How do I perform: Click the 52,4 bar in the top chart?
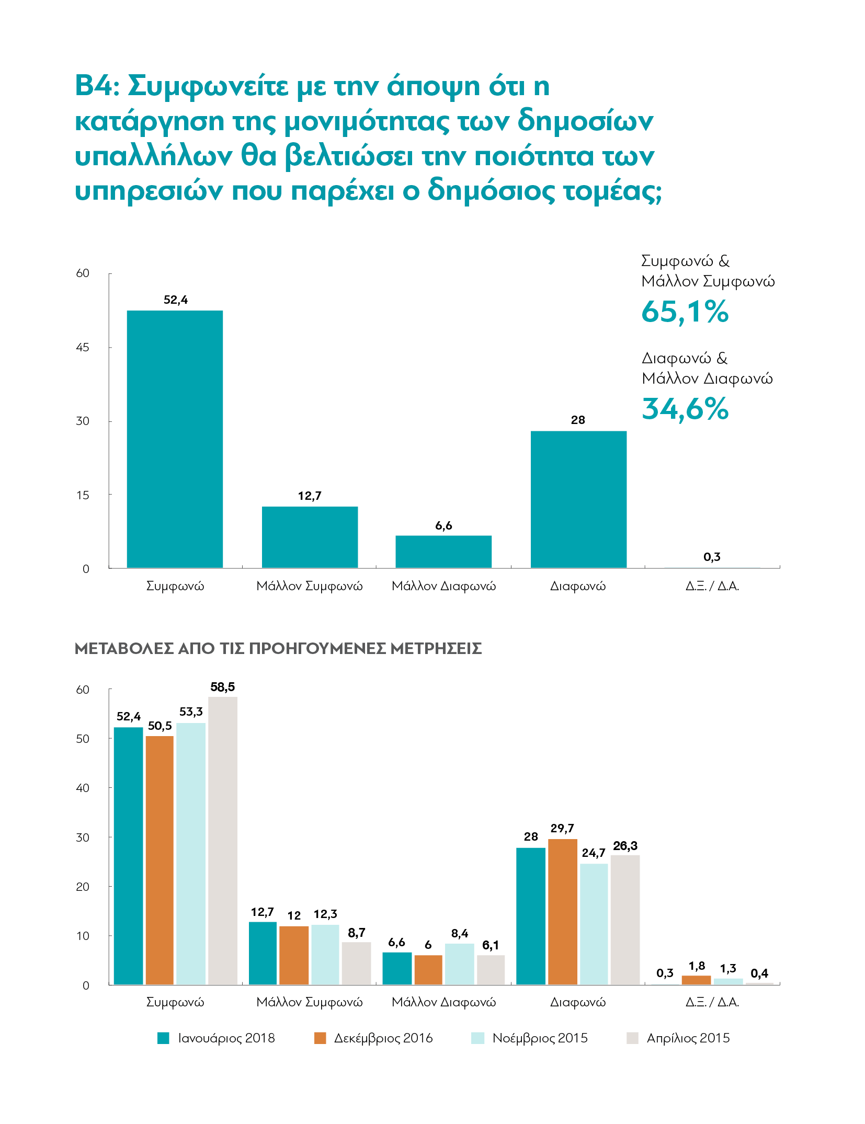(175, 439)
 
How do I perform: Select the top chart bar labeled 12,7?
(310, 537)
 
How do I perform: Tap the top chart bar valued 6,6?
(443, 552)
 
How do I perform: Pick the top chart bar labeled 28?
(578, 499)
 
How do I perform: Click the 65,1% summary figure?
(685, 312)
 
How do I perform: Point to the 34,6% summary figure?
(685, 409)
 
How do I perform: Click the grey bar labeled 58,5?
(223, 841)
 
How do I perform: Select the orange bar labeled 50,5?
(160, 861)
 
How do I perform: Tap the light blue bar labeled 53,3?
(191, 854)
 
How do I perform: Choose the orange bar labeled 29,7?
(563, 912)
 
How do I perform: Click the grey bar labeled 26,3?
(625, 920)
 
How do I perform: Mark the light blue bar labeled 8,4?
(460, 964)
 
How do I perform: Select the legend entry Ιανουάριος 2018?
(216, 1038)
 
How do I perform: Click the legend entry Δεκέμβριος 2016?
(373, 1038)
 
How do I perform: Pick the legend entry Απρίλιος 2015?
(678, 1038)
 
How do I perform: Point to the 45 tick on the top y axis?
(83, 347)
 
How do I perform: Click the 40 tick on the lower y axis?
(83, 788)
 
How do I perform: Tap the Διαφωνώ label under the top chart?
(578, 586)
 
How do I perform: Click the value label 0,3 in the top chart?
(712, 557)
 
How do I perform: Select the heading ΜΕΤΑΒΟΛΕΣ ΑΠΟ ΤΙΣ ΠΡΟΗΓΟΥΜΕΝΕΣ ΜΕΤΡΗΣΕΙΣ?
(278, 649)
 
